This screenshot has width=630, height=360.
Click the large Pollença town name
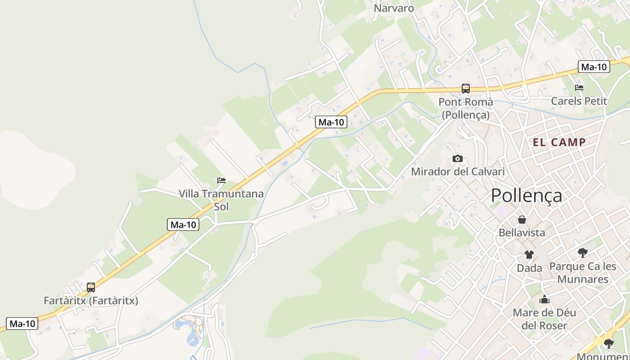point(526,196)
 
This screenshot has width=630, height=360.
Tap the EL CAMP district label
point(559,143)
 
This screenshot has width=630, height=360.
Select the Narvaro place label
point(394,8)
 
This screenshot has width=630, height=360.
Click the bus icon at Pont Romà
point(466,89)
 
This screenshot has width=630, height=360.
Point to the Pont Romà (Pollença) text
point(466,108)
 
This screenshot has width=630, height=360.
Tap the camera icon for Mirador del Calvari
point(458,158)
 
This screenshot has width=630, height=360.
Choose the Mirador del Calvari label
point(458,171)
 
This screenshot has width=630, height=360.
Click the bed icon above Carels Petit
point(579,88)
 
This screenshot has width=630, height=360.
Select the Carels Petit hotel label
point(579,101)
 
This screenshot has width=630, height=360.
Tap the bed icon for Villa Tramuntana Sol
point(221,181)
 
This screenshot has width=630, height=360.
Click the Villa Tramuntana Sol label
point(221,200)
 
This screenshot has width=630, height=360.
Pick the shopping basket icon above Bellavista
point(522,220)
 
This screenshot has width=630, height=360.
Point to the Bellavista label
point(522,233)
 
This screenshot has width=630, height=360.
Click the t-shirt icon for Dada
point(529,255)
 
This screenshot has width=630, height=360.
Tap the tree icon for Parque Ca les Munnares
point(583,253)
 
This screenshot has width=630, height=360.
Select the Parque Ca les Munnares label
point(583,273)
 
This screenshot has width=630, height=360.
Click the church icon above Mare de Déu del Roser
point(544,299)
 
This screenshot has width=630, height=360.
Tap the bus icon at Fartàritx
point(91,288)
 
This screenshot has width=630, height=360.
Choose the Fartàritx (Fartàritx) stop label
point(91,301)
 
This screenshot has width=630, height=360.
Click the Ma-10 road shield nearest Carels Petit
point(594,67)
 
